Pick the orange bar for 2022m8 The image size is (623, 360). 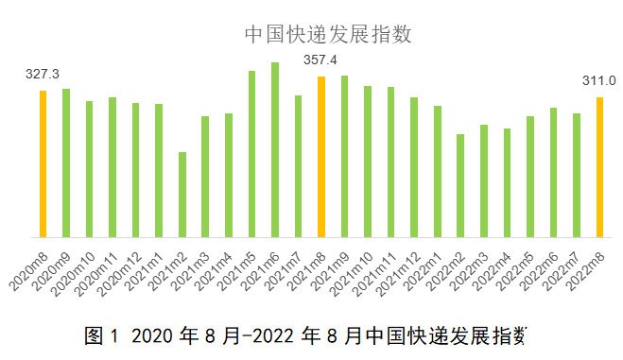pyautogui.click(x=599, y=166)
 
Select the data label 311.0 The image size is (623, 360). pyautogui.click(x=598, y=80)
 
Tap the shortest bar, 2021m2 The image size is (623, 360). pyautogui.click(x=182, y=194)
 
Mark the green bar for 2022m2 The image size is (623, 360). pyautogui.click(x=460, y=185)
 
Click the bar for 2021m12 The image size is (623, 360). pyautogui.click(x=414, y=166)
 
